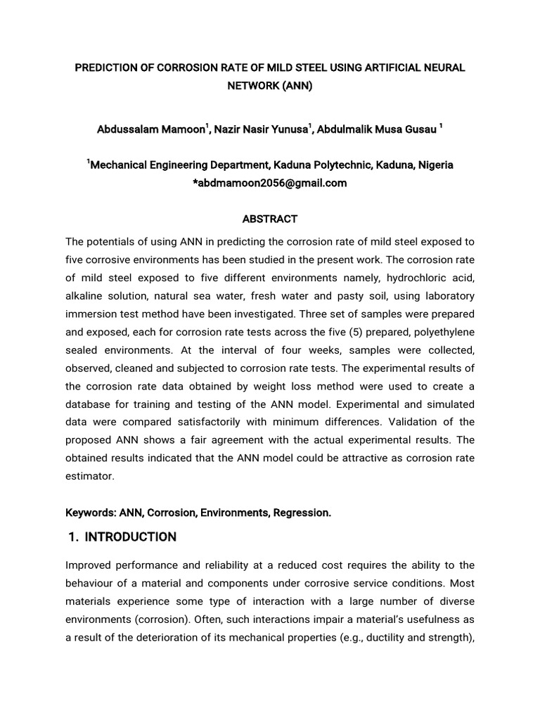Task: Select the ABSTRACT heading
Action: tap(269, 219)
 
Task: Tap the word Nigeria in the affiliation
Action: tap(435, 165)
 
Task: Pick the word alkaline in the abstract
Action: tap(85, 296)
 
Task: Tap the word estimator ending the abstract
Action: tap(90, 476)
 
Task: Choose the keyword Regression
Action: tap(306, 513)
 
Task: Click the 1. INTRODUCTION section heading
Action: tap(122, 537)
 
